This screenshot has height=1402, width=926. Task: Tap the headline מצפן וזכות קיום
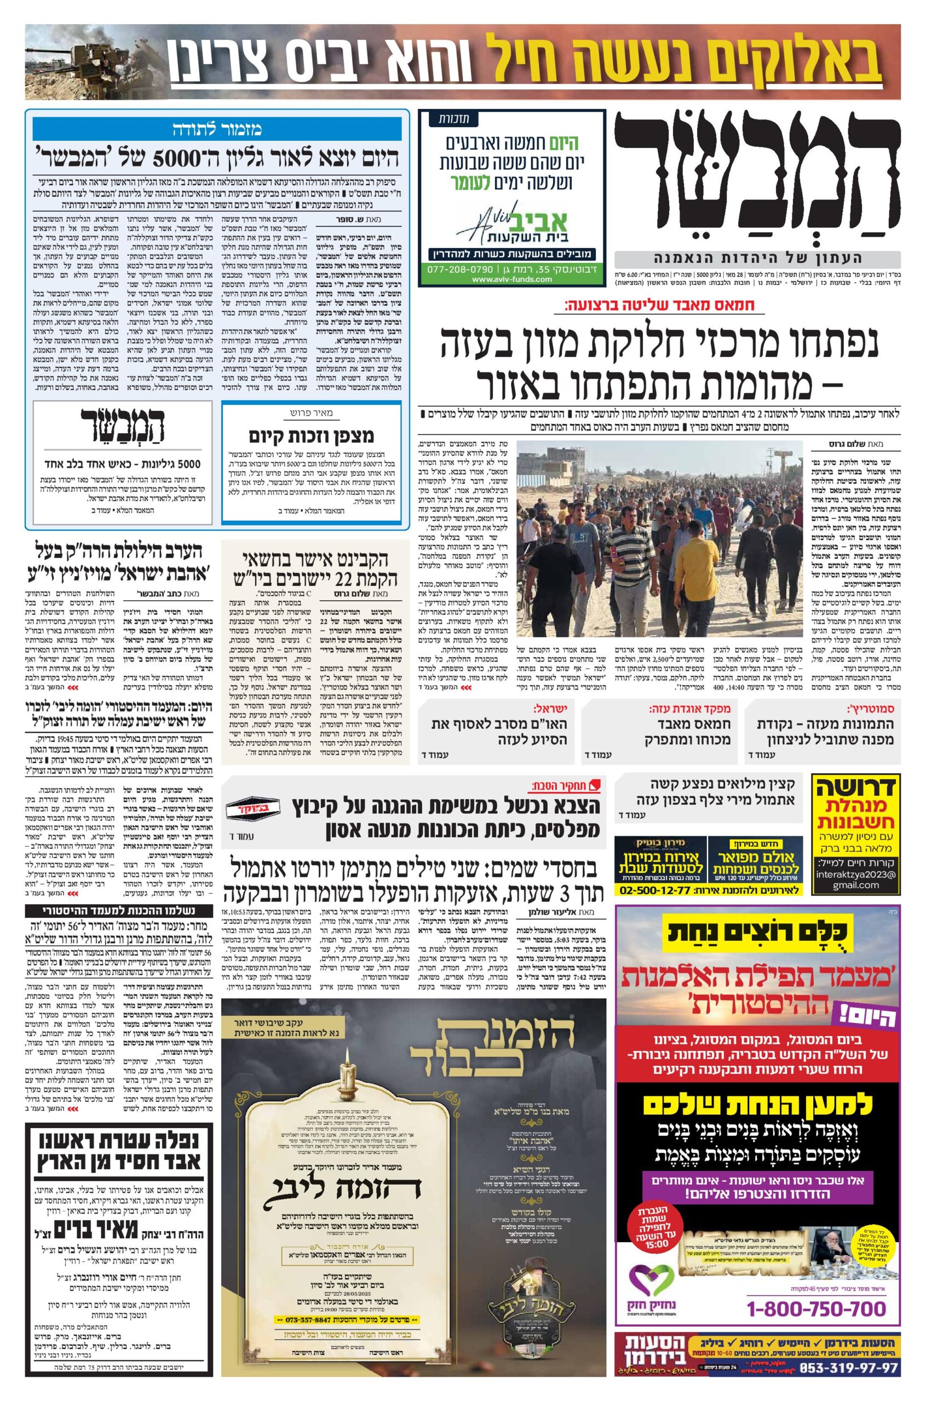(311, 436)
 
